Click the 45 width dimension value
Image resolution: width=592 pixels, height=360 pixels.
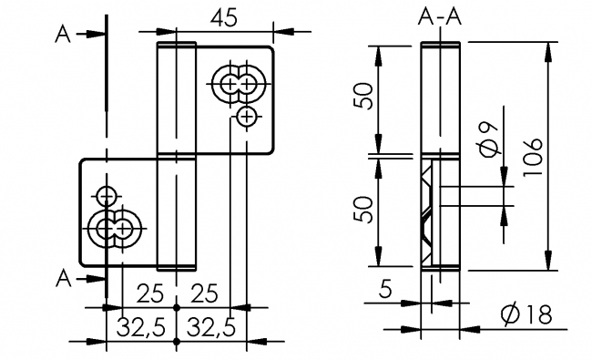click(x=226, y=18)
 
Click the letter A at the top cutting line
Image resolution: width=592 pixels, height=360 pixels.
click(x=62, y=34)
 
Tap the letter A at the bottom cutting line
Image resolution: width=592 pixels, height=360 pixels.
click(x=62, y=274)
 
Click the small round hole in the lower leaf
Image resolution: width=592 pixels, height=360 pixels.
click(x=107, y=195)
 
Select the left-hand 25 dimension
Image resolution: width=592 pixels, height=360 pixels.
click(x=149, y=293)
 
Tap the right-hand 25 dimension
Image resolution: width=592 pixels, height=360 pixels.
click(x=205, y=293)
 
